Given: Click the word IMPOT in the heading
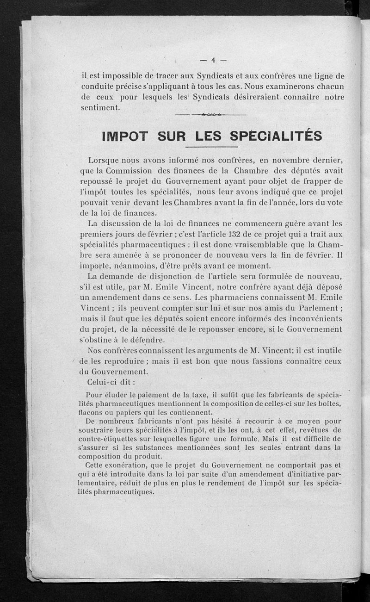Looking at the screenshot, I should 124,136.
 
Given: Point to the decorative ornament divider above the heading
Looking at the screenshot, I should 212,115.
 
